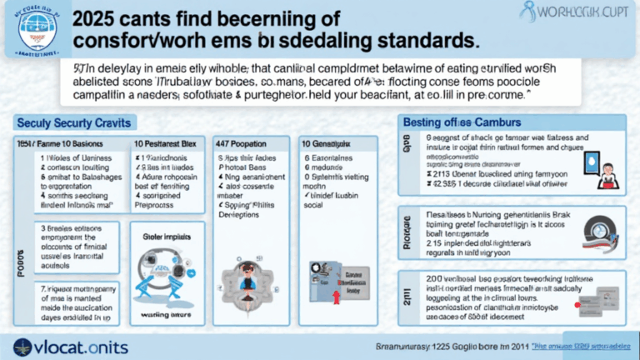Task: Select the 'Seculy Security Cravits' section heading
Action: tap(73, 122)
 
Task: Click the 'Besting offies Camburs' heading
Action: tap(465, 122)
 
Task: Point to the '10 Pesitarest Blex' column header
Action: tap(171, 142)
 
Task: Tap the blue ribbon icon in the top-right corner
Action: tap(527, 12)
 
